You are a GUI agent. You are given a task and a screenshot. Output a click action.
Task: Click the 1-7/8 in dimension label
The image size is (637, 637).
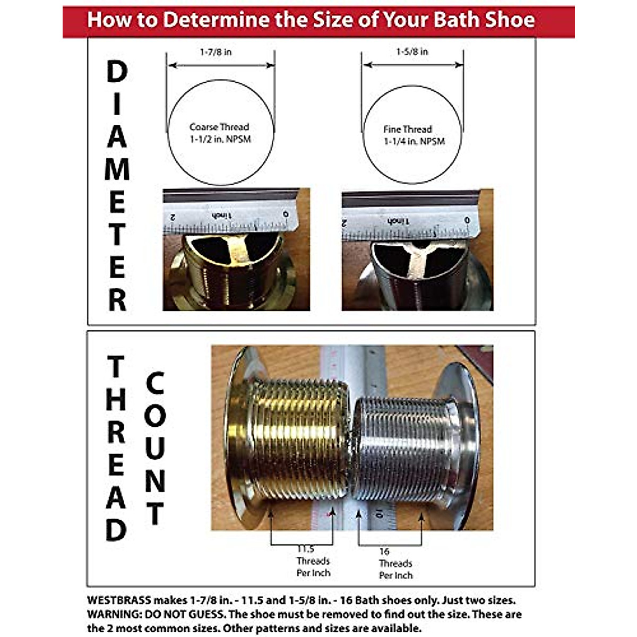click(216, 52)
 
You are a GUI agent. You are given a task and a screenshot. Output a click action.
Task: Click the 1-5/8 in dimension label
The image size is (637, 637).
click(412, 51)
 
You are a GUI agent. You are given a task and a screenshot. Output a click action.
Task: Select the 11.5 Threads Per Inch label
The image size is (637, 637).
click(313, 561)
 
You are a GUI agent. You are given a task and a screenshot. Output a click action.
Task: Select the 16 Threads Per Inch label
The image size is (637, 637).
click(395, 564)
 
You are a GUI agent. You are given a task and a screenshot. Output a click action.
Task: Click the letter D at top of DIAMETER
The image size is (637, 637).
click(117, 72)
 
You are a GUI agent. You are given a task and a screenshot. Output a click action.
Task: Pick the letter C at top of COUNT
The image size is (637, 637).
click(154, 383)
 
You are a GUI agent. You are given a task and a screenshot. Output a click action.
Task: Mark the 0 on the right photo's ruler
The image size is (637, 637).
click(467, 220)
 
